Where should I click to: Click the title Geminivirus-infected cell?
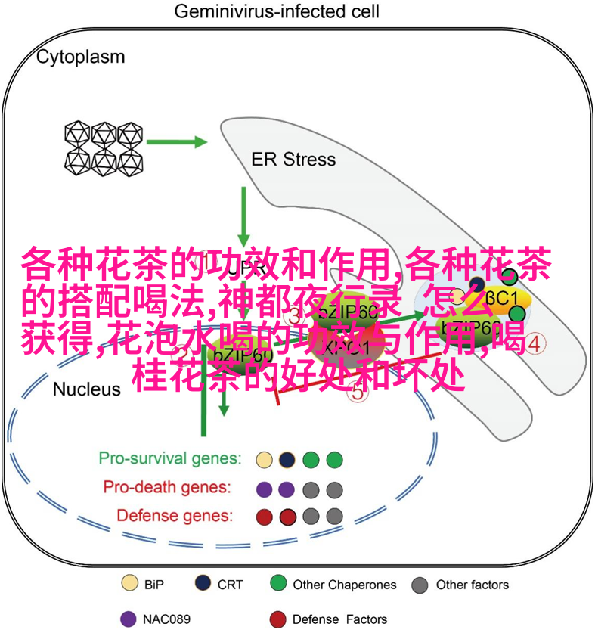[277, 12]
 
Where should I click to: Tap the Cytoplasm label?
[82, 57]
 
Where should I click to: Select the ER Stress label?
[293, 160]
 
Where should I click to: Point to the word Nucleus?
[86, 389]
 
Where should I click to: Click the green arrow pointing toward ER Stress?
[177, 141]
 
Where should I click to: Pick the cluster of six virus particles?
[104, 146]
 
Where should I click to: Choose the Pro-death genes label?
[167, 487]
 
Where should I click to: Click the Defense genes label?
[175, 516]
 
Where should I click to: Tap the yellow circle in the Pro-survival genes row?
[264, 459]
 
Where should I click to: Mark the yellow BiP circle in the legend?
[130, 584]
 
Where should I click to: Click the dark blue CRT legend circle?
[203, 584]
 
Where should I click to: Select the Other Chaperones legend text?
[344, 585]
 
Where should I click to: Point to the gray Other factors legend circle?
[420, 585]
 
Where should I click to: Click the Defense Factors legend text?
[339, 619]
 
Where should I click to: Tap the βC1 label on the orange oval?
[500, 296]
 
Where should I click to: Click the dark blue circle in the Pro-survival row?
[287, 459]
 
